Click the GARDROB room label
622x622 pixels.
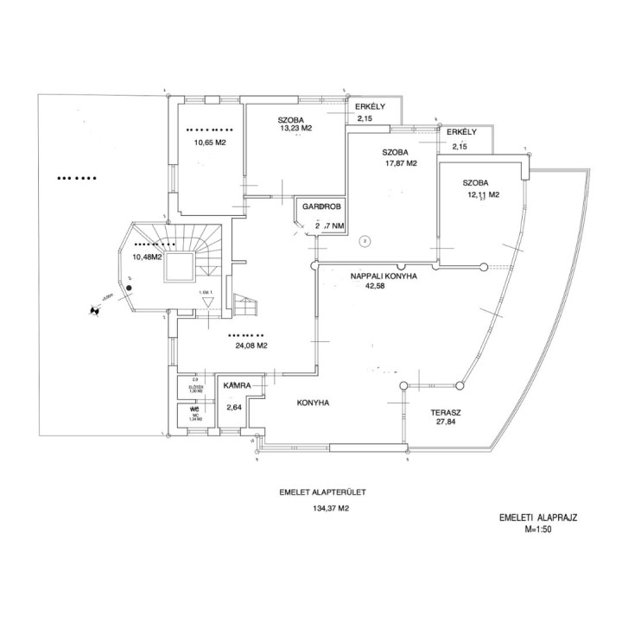tap(322, 208)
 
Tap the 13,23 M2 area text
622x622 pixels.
tap(295, 129)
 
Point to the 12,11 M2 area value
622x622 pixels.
tap(484, 195)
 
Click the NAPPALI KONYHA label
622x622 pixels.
tap(384, 276)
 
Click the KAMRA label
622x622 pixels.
tap(237, 385)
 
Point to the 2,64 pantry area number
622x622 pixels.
tap(233, 408)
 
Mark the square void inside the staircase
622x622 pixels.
tap(180, 267)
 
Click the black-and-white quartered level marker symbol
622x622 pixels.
tap(91, 311)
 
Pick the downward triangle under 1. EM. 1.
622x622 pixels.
tap(206, 301)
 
